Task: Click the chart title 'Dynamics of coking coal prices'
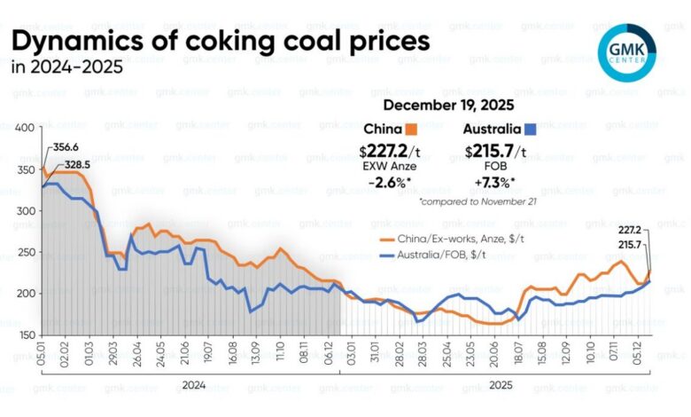coord(221,42)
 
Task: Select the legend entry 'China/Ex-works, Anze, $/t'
coord(460,239)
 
